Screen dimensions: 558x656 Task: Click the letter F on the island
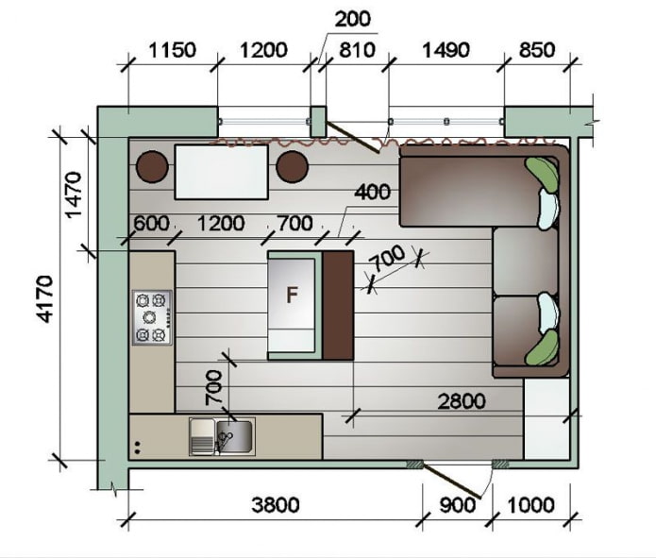click(x=293, y=295)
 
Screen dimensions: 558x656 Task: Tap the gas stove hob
click(x=152, y=317)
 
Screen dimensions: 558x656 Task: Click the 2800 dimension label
click(x=461, y=401)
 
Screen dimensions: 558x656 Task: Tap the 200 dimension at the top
click(x=351, y=18)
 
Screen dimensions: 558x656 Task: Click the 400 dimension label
click(x=372, y=193)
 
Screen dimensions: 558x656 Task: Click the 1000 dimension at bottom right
click(x=530, y=505)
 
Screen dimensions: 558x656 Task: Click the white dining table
click(x=221, y=171)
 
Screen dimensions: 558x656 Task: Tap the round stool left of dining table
click(x=152, y=167)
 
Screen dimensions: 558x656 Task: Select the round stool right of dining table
click(x=293, y=167)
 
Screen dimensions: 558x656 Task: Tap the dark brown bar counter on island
click(x=337, y=304)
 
